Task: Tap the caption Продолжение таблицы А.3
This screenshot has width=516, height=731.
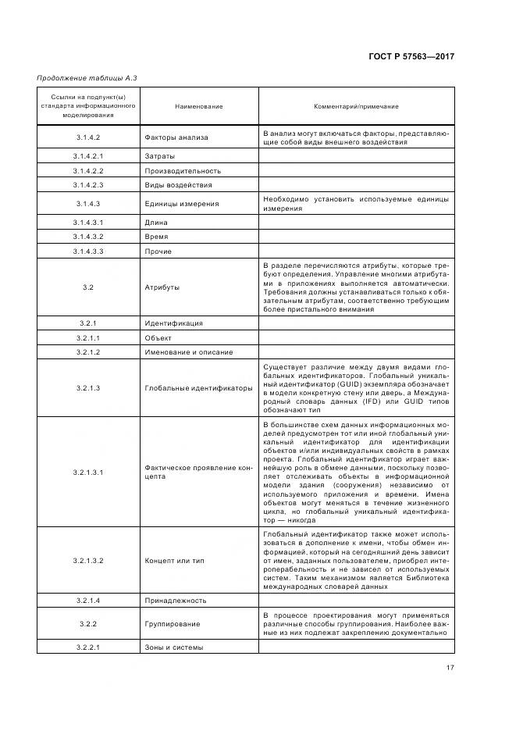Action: (x=82, y=77)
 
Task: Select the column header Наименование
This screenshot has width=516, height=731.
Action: (x=198, y=106)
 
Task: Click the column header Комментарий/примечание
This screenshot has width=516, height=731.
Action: (x=356, y=106)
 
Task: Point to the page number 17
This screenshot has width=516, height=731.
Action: (x=450, y=666)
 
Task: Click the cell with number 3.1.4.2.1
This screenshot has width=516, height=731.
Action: (x=88, y=156)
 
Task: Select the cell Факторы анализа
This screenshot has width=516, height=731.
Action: (x=176, y=137)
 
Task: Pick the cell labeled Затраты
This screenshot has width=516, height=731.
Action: (x=160, y=156)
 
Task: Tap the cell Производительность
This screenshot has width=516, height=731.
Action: (x=183, y=171)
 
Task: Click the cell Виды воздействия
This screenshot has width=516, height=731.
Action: (x=178, y=185)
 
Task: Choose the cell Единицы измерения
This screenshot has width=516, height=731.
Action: (x=181, y=204)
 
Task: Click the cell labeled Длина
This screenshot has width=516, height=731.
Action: (x=156, y=223)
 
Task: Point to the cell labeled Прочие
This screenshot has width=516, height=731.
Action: (x=158, y=251)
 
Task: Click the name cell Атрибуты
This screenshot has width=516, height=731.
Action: (x=162, y=287)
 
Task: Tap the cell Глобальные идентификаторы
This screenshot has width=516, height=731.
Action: (x=198, y=387)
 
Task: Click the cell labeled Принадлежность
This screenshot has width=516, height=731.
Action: (x=175, y=600)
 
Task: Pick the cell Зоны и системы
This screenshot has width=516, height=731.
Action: (x=173, y=647)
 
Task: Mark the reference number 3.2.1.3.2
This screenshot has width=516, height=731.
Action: (x=88, y=561)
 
